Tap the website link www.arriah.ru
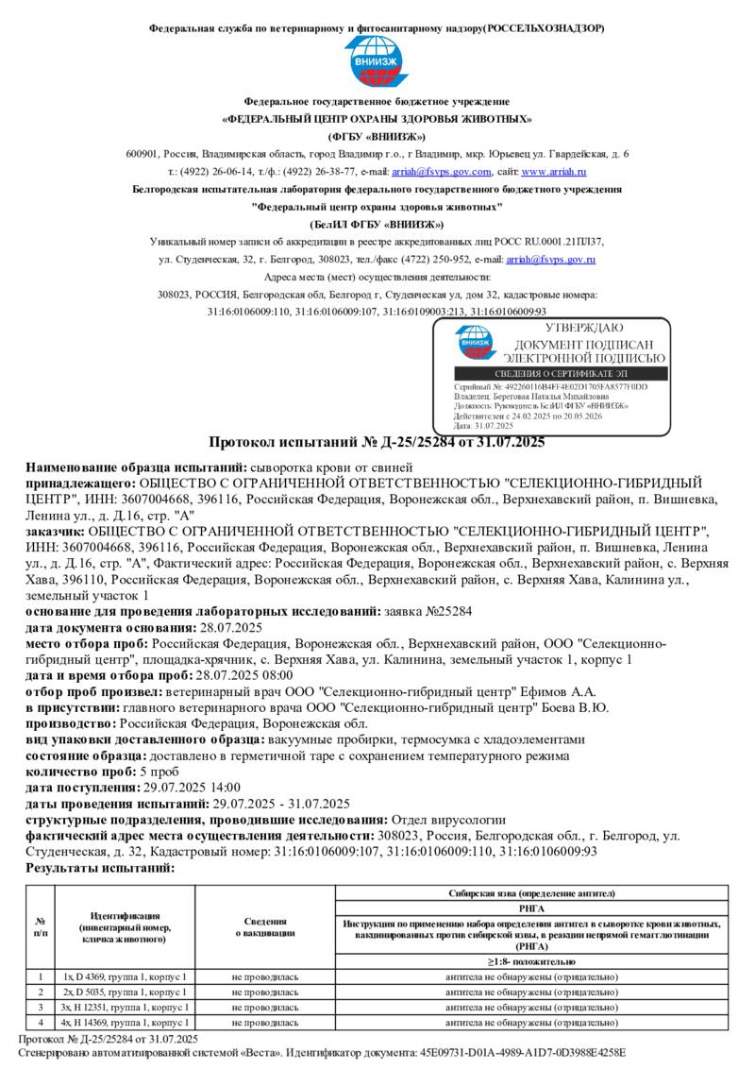pos(554,172)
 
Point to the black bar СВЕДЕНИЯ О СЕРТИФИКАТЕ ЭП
pos(561,374)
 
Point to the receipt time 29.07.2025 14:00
pos(192,788)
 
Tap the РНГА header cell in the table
pos(532,907)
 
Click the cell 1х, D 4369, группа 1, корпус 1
pos(126,976)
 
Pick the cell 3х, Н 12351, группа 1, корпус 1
pos(126,1007)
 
